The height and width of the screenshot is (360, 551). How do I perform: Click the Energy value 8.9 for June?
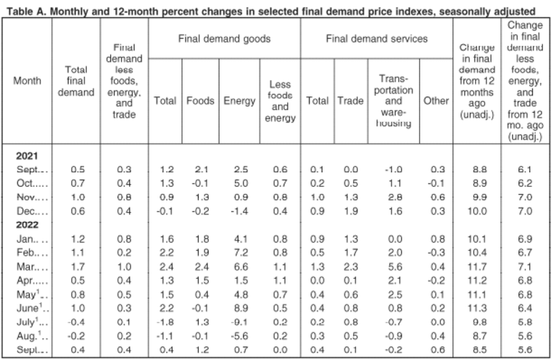tap(241, 308)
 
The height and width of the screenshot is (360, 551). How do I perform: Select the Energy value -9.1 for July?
tap(239, 322)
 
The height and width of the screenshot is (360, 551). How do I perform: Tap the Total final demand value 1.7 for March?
tap(78, 267)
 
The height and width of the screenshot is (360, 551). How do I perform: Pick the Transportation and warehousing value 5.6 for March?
tap(395, 267)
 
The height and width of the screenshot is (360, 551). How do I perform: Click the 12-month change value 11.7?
tap(477, 267)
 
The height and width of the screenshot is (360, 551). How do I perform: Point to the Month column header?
tap(27, 81)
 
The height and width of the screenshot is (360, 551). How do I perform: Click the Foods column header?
tap(200, 101)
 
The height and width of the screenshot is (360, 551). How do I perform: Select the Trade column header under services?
tap(351, 101)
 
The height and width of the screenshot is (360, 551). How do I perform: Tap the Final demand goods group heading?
tap(224, 38)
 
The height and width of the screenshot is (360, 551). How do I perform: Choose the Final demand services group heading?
tap(377, 38)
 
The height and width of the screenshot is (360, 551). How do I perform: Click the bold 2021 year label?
tap(27, 156)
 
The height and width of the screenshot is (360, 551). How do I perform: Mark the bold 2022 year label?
tap(27, 225)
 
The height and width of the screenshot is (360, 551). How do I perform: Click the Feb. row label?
tap(32, 253)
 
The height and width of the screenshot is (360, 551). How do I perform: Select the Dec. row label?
tap(32, 211)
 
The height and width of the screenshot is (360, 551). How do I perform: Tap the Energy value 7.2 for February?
tap(241, 253)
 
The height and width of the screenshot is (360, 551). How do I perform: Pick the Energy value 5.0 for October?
tap(241, 183)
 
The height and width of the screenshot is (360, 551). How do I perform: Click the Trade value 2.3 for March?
tap(351, 267)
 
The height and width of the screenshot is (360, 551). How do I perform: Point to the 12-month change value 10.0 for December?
tap(477, 211)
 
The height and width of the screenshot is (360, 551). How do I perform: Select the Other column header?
tap(436, 101)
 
